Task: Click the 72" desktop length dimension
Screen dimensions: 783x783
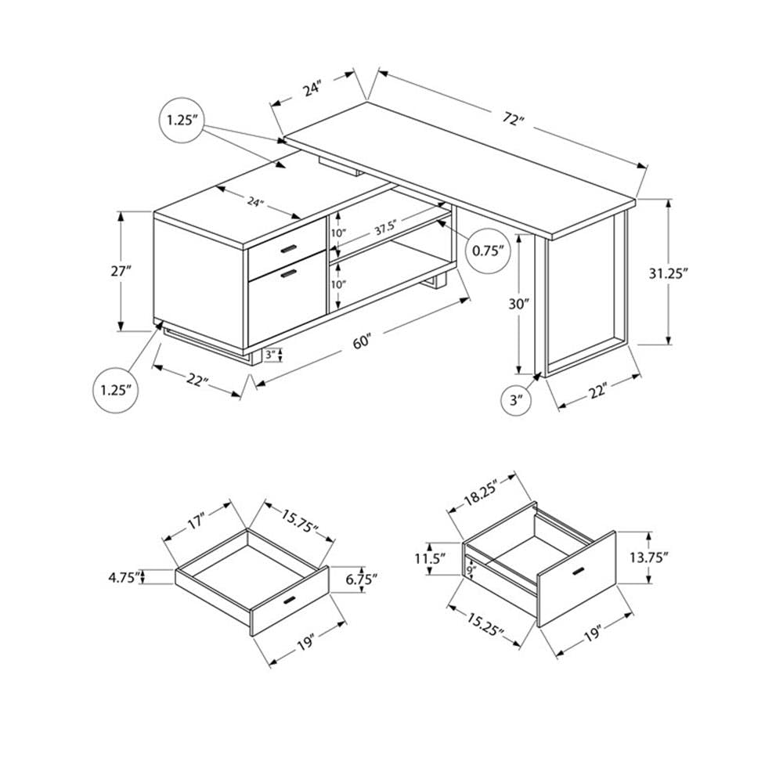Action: click(x=513, y=119)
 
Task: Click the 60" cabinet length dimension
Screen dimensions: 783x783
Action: click(x=362, y=342)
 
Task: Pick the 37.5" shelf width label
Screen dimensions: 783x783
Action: click(x=386, y=229)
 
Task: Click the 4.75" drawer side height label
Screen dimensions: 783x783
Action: click(x=123, y=578)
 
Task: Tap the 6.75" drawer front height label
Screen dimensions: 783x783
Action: click(x=361, y=579)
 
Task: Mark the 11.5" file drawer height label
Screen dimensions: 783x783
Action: click(x=431, y=559)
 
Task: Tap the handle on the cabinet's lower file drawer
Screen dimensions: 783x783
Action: click(x=289, y=273)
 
